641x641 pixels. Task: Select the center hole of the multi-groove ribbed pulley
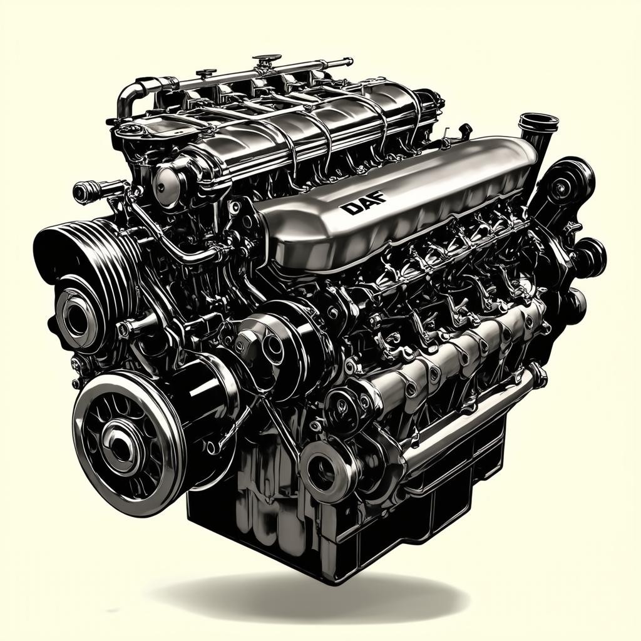[x=76, y=315]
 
